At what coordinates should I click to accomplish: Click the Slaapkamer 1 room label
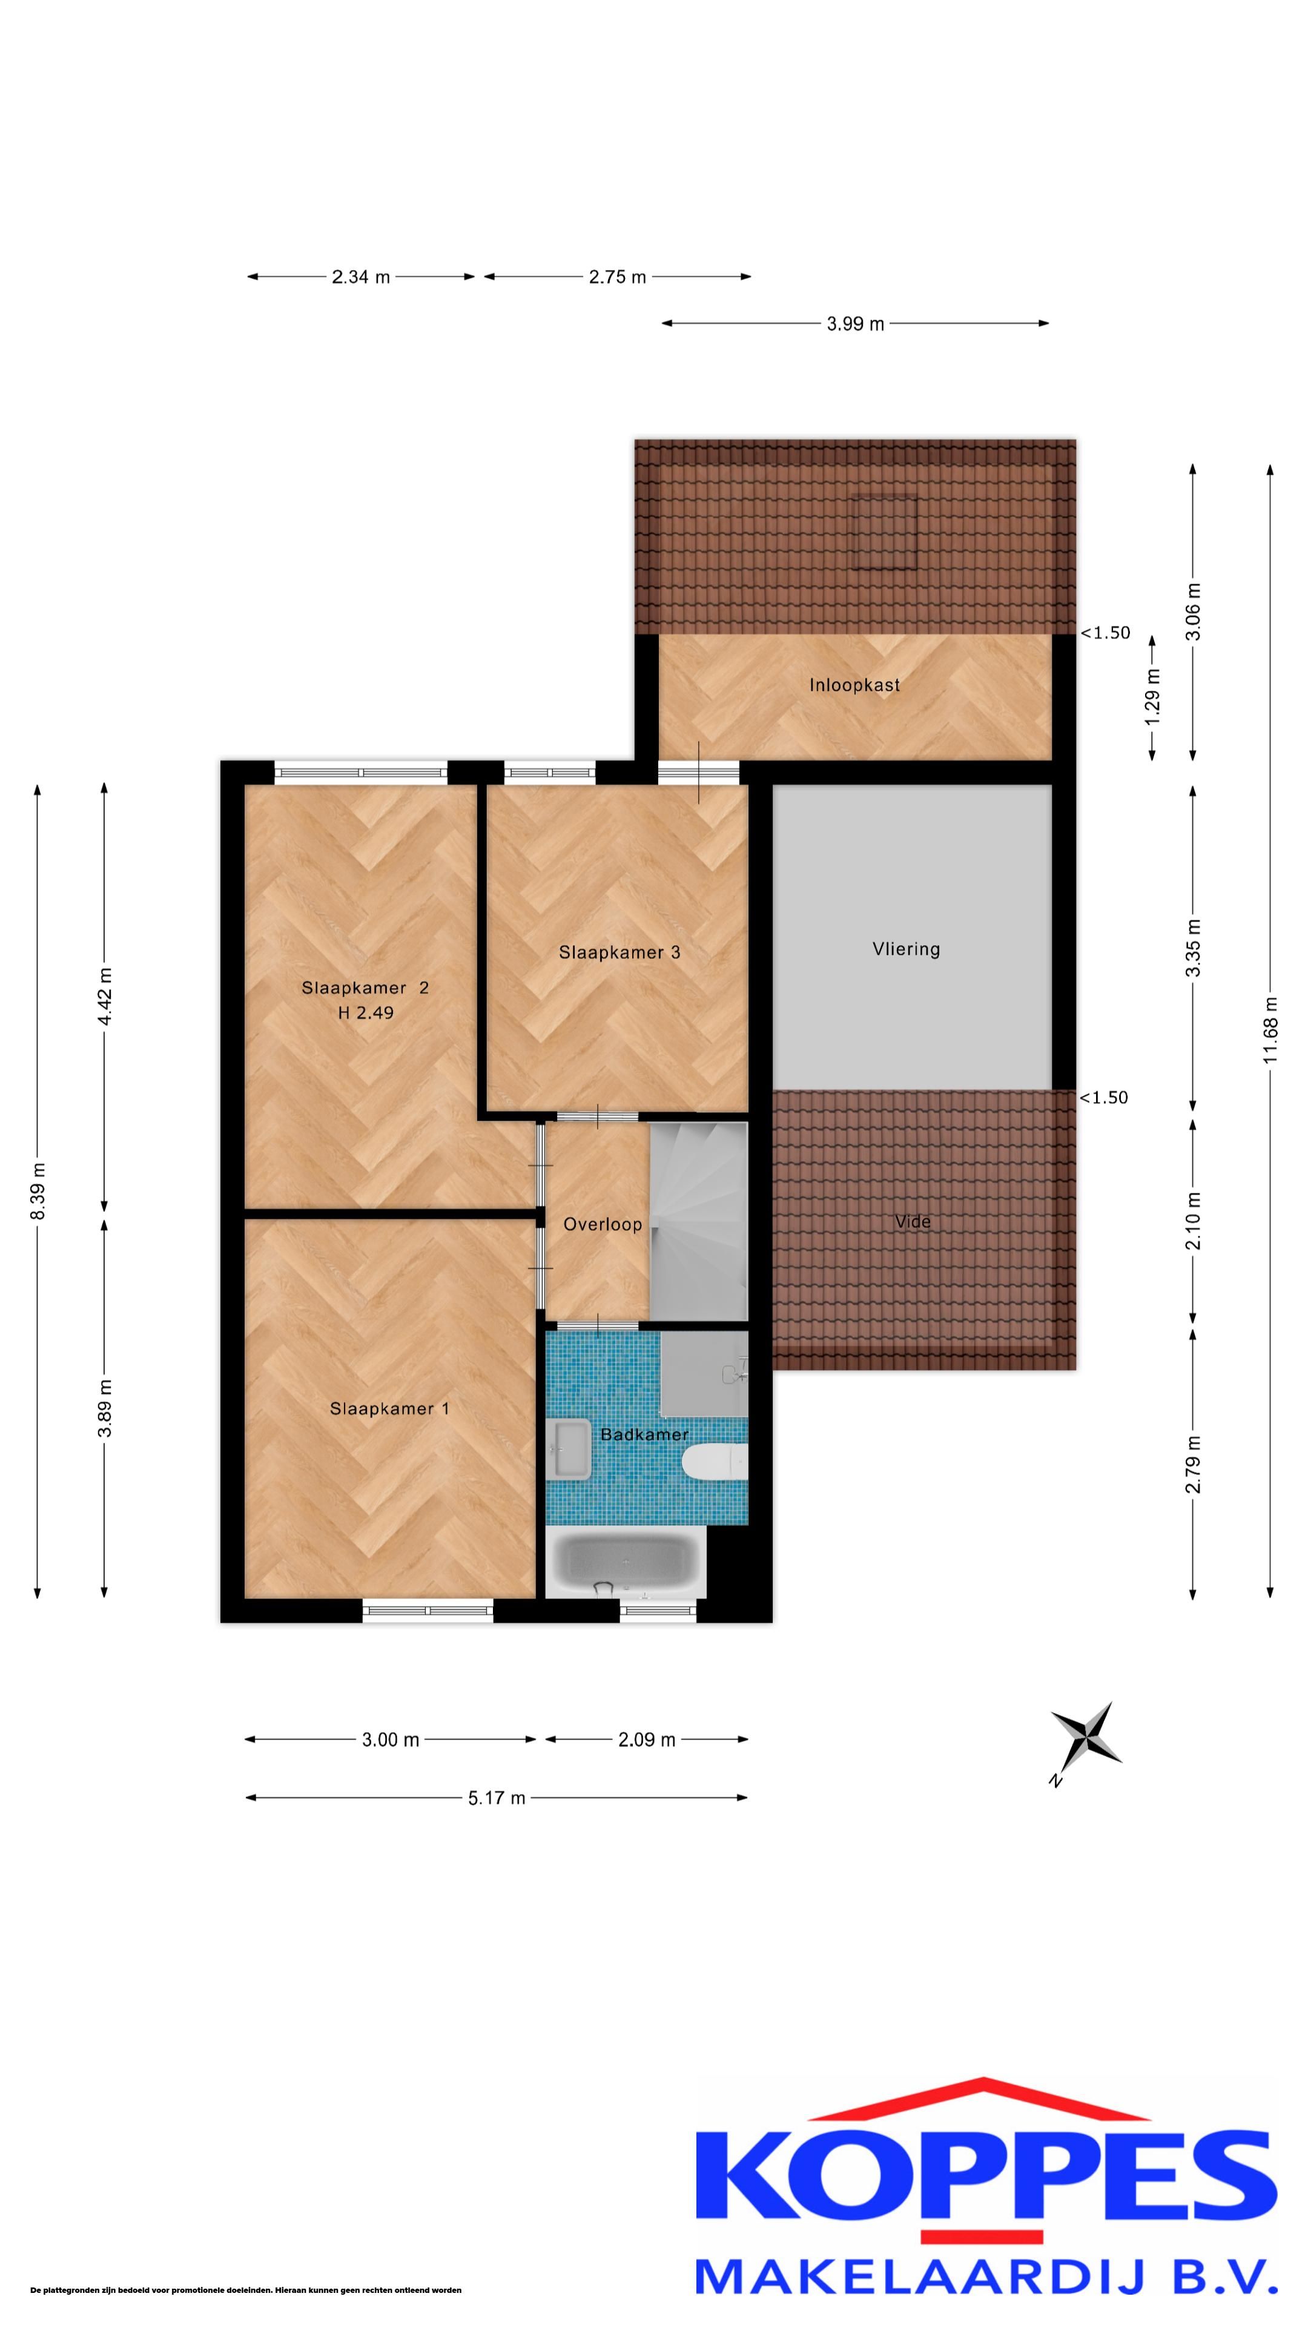point(389,1408)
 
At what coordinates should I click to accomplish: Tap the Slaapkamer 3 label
point(619,952)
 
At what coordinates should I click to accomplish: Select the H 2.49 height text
point(366,1013)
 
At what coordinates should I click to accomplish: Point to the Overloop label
point(602,1224)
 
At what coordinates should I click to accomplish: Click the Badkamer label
point(644,1434)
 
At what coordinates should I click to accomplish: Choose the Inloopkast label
point(854,685)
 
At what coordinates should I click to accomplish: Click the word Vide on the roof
point(913,1221)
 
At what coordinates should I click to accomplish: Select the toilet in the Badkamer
point(714,1461)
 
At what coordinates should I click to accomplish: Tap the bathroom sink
point(568,1449)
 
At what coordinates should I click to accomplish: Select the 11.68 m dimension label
point(1270,1030)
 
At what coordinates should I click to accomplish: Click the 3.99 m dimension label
point(855,323)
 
